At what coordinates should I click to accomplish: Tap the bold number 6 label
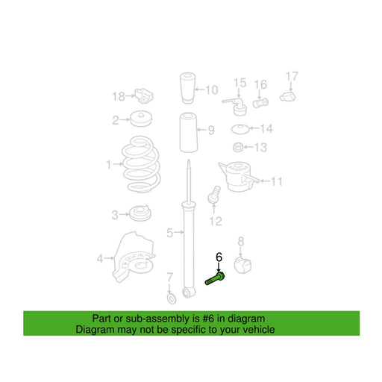[219, 257]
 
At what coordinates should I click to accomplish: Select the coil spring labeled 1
[141, 164]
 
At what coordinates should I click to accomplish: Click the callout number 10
[212, 90]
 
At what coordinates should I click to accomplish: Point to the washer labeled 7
[172, 298]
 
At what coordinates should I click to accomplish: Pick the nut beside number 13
[238, 147]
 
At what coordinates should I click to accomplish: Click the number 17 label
[292, 76]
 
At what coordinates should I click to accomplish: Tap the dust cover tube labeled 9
[189, 132]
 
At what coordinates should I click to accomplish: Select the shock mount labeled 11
[239, 177]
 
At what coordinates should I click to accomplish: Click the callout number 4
[100, 259]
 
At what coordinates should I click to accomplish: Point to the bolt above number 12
[214, 194]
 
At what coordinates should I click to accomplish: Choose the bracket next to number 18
[144, 95]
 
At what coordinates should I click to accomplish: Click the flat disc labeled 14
[240, 129]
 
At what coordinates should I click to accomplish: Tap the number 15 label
[240, 83]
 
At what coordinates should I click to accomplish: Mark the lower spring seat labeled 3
[140, 213]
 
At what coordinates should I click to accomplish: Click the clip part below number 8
[242, 266]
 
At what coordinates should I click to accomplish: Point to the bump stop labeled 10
[187, 88]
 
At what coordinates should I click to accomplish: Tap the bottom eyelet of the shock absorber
[189, 292]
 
